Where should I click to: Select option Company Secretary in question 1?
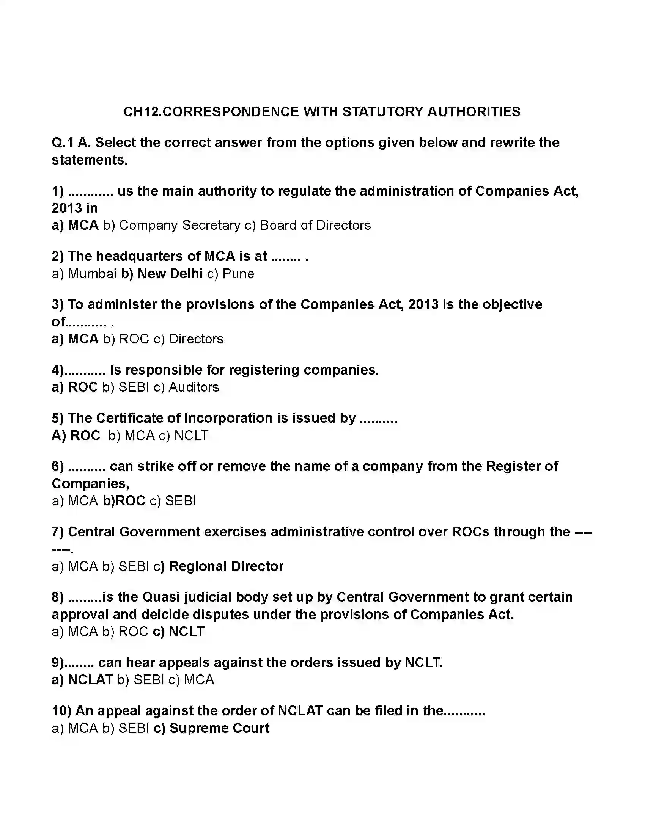coord(179,225)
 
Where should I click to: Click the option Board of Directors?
coord(315,225)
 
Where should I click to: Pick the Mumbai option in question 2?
coord(92,274)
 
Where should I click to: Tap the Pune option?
coord(238,274)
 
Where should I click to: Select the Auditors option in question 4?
coord(194,387)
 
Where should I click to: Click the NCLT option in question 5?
coord(191,436)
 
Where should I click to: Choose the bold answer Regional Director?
coord(226,566)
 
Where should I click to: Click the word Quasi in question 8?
coord(160,597)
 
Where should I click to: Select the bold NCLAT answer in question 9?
coord(90,680)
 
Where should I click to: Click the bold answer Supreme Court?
coord(219,728)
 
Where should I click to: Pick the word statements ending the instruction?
coord(89,160)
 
